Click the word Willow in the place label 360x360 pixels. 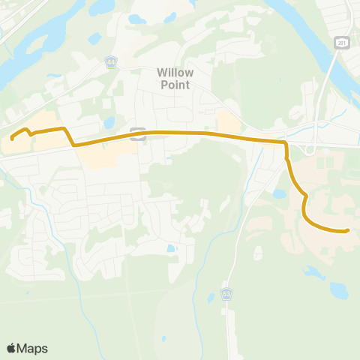[x=175, y=73]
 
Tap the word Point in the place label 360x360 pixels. [x=174, y=84]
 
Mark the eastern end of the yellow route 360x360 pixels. [x=348, y=230]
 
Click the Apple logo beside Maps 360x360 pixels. [x=11, y=348]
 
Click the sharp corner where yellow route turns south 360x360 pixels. [x=286, y=141]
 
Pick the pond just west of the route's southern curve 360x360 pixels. [x=279, y=193]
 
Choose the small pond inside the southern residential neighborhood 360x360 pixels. [x=171, y=247]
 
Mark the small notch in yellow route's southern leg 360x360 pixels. [x=305, y=196]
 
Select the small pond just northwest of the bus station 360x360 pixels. [x=109, y=121]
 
